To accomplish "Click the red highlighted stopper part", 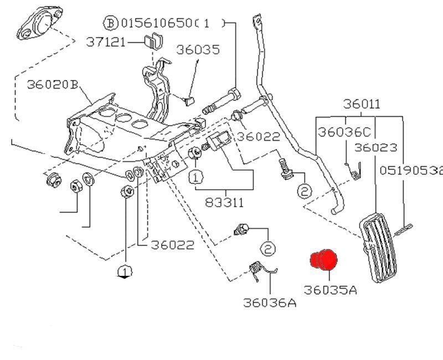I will (324, 260).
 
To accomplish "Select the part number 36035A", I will (329, 290).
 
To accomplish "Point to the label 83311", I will (224, 203).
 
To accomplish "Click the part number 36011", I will (361, 104).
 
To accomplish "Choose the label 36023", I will (375, 147).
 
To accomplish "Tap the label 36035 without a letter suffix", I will (198, 49).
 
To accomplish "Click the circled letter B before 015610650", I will (111, 23).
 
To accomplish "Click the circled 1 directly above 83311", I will (196, 177).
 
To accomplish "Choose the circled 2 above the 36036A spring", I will (267, 249).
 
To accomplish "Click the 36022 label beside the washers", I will (173, 245).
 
